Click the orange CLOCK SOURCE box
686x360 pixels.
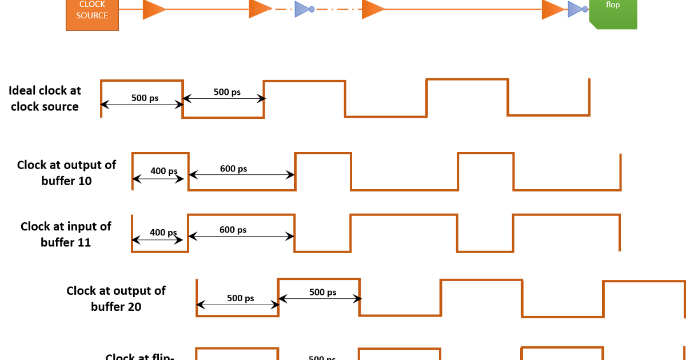[92, 14]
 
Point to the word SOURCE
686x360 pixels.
[92, 16]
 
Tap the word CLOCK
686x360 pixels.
[92, 5]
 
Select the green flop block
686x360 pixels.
[613, 14]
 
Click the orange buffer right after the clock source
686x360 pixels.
[153, 9]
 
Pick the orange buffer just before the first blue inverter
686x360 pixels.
[260, 9]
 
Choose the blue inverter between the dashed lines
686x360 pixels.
[302, 9]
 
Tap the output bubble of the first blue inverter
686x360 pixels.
[312, 9]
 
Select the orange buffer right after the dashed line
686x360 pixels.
[373, 9]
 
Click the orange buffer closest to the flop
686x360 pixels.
[552, 9]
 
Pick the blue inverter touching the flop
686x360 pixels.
[575, 9]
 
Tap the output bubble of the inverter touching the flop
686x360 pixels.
[585, 9]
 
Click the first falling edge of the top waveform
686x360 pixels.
[183, 99]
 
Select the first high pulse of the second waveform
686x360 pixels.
[160, 153]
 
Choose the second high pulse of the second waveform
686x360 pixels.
[323, 153]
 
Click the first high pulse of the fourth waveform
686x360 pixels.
[319, 279]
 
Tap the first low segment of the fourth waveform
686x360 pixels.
[237, 315]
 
